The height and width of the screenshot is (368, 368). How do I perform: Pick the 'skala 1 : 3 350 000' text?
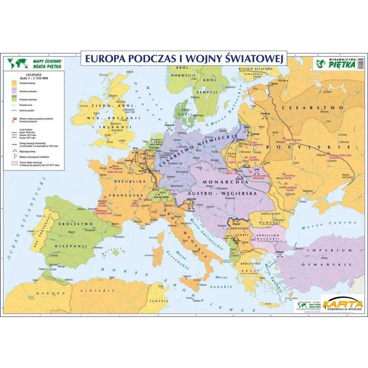34,79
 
